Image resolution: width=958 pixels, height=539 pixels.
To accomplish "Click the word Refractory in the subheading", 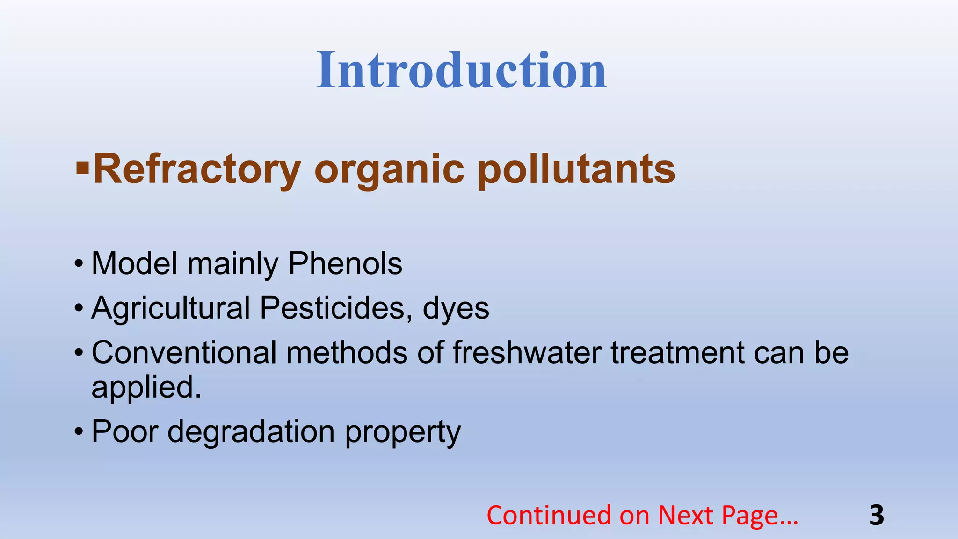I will pyautogui.click(x=197, y=169).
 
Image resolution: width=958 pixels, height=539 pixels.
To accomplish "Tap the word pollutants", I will pyautogui.click(x=576, y=169).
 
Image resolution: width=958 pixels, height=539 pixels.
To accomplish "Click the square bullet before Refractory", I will pyautogui.click(x=82, y=167).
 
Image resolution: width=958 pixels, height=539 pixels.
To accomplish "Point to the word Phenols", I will pyautogui.click(x=345, y=263).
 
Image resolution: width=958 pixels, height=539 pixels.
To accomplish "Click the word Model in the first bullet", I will pyautogui.click(x=134, y=263).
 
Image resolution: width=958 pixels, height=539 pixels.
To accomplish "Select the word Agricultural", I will pyautogui.click(x=171, y=308).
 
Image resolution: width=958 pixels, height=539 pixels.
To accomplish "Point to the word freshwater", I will pyautogui.click(x=527, y=352).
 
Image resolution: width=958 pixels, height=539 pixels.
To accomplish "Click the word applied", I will pyautogui.click(x=146, y=388).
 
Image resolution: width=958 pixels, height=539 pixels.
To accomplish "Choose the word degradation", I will pyautogui.click(x=251, y=431).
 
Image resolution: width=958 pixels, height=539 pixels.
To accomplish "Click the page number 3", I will pyautogui.click(x=877, y=515).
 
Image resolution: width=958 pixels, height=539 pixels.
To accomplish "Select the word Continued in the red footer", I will pyautogui.click(x=549, y=515).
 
